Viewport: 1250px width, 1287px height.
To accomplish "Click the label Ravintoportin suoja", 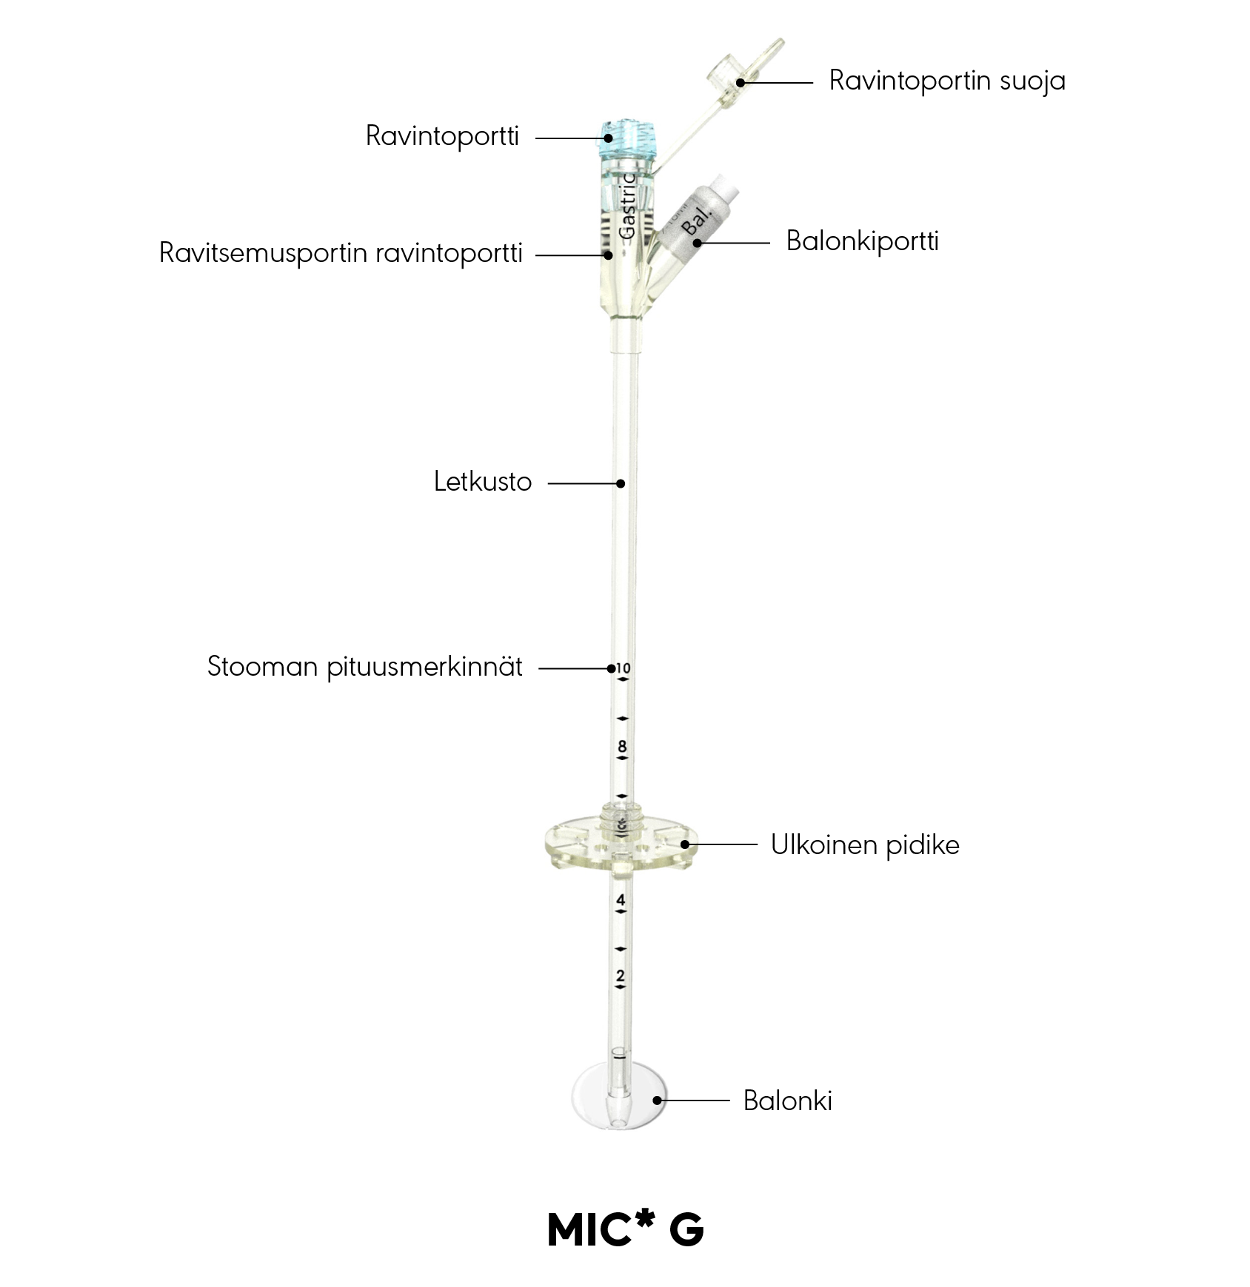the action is click(x=947, y=81).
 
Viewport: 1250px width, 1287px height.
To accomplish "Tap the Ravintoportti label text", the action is click(x=442, y=136).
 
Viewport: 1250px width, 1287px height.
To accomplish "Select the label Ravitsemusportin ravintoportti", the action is click(x=341, y=253).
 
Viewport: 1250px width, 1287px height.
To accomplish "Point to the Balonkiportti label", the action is click(x=862, y=241).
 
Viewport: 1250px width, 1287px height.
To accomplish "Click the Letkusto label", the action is click(x=483, y=482).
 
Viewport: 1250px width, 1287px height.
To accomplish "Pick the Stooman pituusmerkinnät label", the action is click(x=365, y=667).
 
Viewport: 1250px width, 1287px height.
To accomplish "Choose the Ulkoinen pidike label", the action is click(x=865, y=844).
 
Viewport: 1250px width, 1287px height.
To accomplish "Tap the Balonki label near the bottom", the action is click(x=788, y=1100).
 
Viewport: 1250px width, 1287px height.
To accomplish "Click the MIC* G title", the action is click(x=625, y=1229).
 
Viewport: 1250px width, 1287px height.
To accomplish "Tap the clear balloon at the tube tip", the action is click(x=619, y=1097).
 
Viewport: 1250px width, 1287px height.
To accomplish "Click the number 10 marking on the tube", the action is click(x=623, y=668).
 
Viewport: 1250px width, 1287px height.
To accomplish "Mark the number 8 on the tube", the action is click(x=622, y=746).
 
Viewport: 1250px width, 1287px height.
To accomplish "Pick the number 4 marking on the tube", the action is click(x=621, y=900).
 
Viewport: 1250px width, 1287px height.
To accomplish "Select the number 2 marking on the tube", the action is click(x=621, y=976).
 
